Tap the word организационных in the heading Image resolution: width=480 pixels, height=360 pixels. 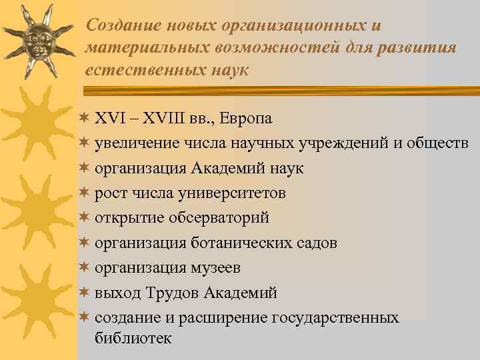coord(292,25)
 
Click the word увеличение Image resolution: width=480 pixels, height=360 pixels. coord(134,143)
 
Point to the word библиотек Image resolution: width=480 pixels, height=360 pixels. coord(133,338)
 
